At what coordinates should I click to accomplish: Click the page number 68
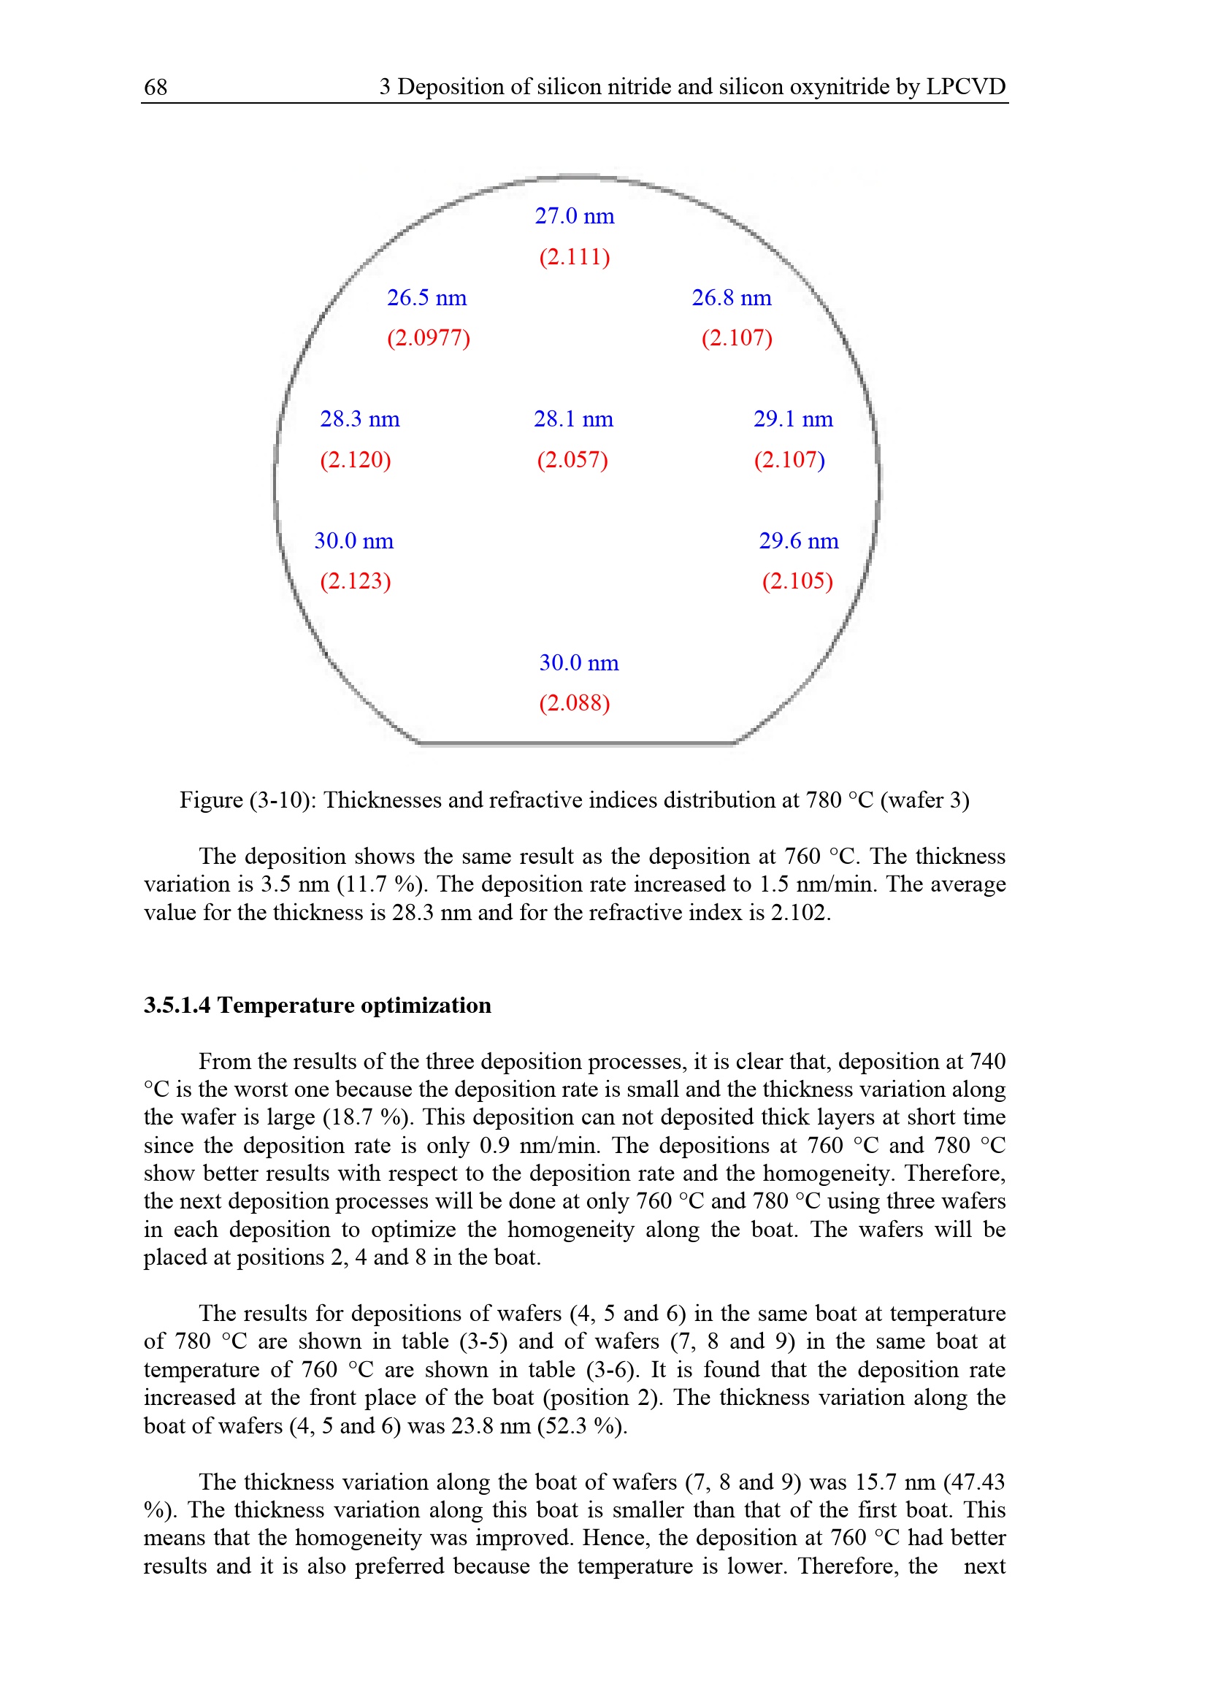(156, 87)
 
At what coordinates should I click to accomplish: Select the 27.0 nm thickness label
(574, 215)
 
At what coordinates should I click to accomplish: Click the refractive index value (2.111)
(574, 256)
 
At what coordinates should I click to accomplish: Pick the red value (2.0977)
(429, 338)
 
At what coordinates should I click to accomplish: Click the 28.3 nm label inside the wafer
(360, 419)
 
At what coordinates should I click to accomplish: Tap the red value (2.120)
(356, 460)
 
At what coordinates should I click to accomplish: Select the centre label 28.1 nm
(573, 419)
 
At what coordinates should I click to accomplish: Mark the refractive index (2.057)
(572, 460)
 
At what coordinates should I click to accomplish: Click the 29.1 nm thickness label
(793, 419)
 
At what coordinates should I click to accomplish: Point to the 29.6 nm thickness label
(799, 541)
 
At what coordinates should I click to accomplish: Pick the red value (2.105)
(797, 581)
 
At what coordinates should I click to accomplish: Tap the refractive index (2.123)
(356, 581)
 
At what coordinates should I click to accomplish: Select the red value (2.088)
(574, 703)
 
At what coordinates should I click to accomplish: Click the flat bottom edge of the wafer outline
(576, 743)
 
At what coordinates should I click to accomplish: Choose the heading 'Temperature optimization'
(354, 1005)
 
